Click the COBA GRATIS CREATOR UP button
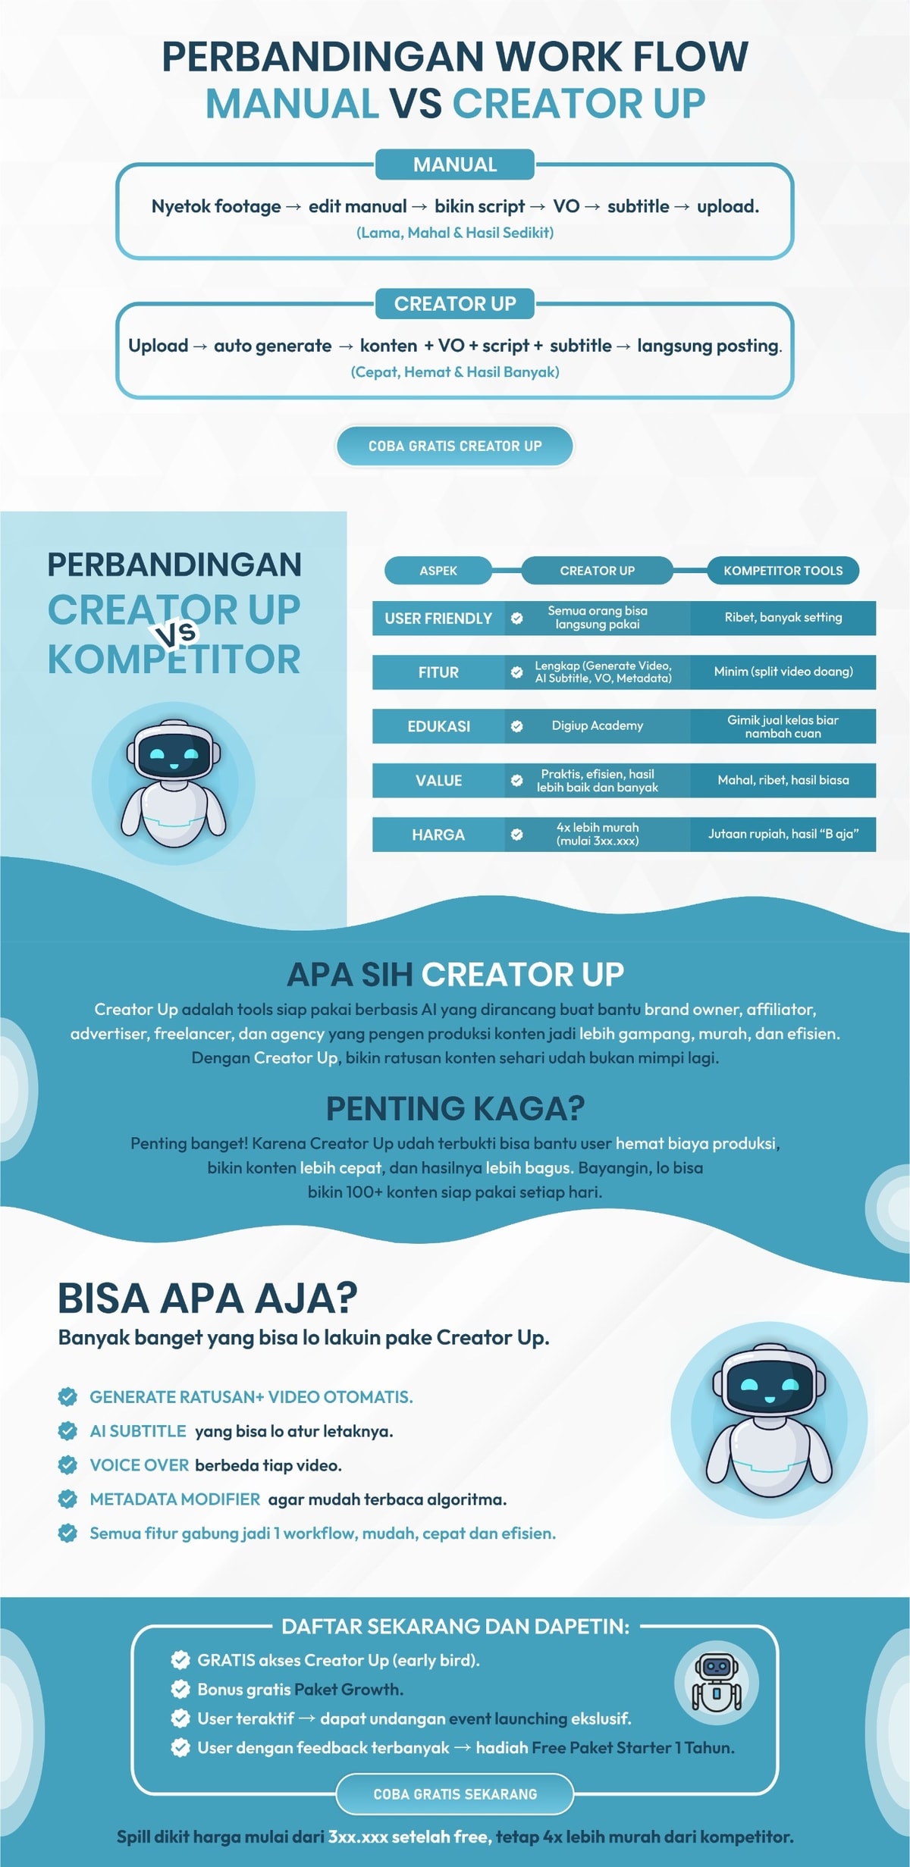455,446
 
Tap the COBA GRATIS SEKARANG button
455,1794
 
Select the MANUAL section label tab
455,164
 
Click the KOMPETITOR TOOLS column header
783,571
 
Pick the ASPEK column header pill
438,571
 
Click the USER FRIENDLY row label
438,619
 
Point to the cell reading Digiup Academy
598,725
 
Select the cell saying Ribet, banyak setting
783,618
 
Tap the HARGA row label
438,835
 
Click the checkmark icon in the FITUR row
516,672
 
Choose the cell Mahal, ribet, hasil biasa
783,780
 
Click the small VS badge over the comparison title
177,634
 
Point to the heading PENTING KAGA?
455,1108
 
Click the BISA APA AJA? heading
208,1298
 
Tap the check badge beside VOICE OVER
67,1464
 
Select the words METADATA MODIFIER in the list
175,1499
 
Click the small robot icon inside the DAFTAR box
716,1684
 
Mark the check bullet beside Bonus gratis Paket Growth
180,1689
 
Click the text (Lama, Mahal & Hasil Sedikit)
455,233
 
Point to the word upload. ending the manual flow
727,206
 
